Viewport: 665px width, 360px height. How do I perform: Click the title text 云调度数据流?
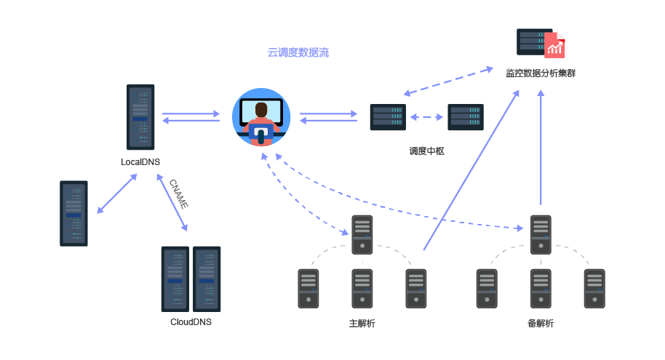point(298,52)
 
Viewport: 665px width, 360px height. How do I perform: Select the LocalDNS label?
point(140,161)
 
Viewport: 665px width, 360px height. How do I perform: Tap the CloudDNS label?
point(191,321)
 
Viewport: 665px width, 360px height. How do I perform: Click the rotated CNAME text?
point(178,193)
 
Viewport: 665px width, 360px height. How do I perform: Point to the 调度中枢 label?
point(426,151)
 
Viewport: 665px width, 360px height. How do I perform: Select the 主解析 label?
point(362,323)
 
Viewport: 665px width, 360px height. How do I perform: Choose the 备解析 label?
point(541,323)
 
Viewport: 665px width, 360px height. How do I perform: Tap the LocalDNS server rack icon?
point(140,116)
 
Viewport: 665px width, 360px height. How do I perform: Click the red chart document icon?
point(555,46)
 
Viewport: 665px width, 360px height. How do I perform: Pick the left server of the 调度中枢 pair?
point(387,116)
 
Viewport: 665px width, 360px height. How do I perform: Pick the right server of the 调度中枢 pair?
point(466,116)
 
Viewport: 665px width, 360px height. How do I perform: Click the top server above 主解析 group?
point(362,234)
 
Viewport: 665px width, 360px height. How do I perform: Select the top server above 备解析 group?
point(541,234)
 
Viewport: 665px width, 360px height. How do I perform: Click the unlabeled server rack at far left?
point(73,213)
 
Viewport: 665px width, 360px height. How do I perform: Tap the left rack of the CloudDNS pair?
point(175,279)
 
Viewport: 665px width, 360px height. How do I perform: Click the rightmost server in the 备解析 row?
point(594,288)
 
